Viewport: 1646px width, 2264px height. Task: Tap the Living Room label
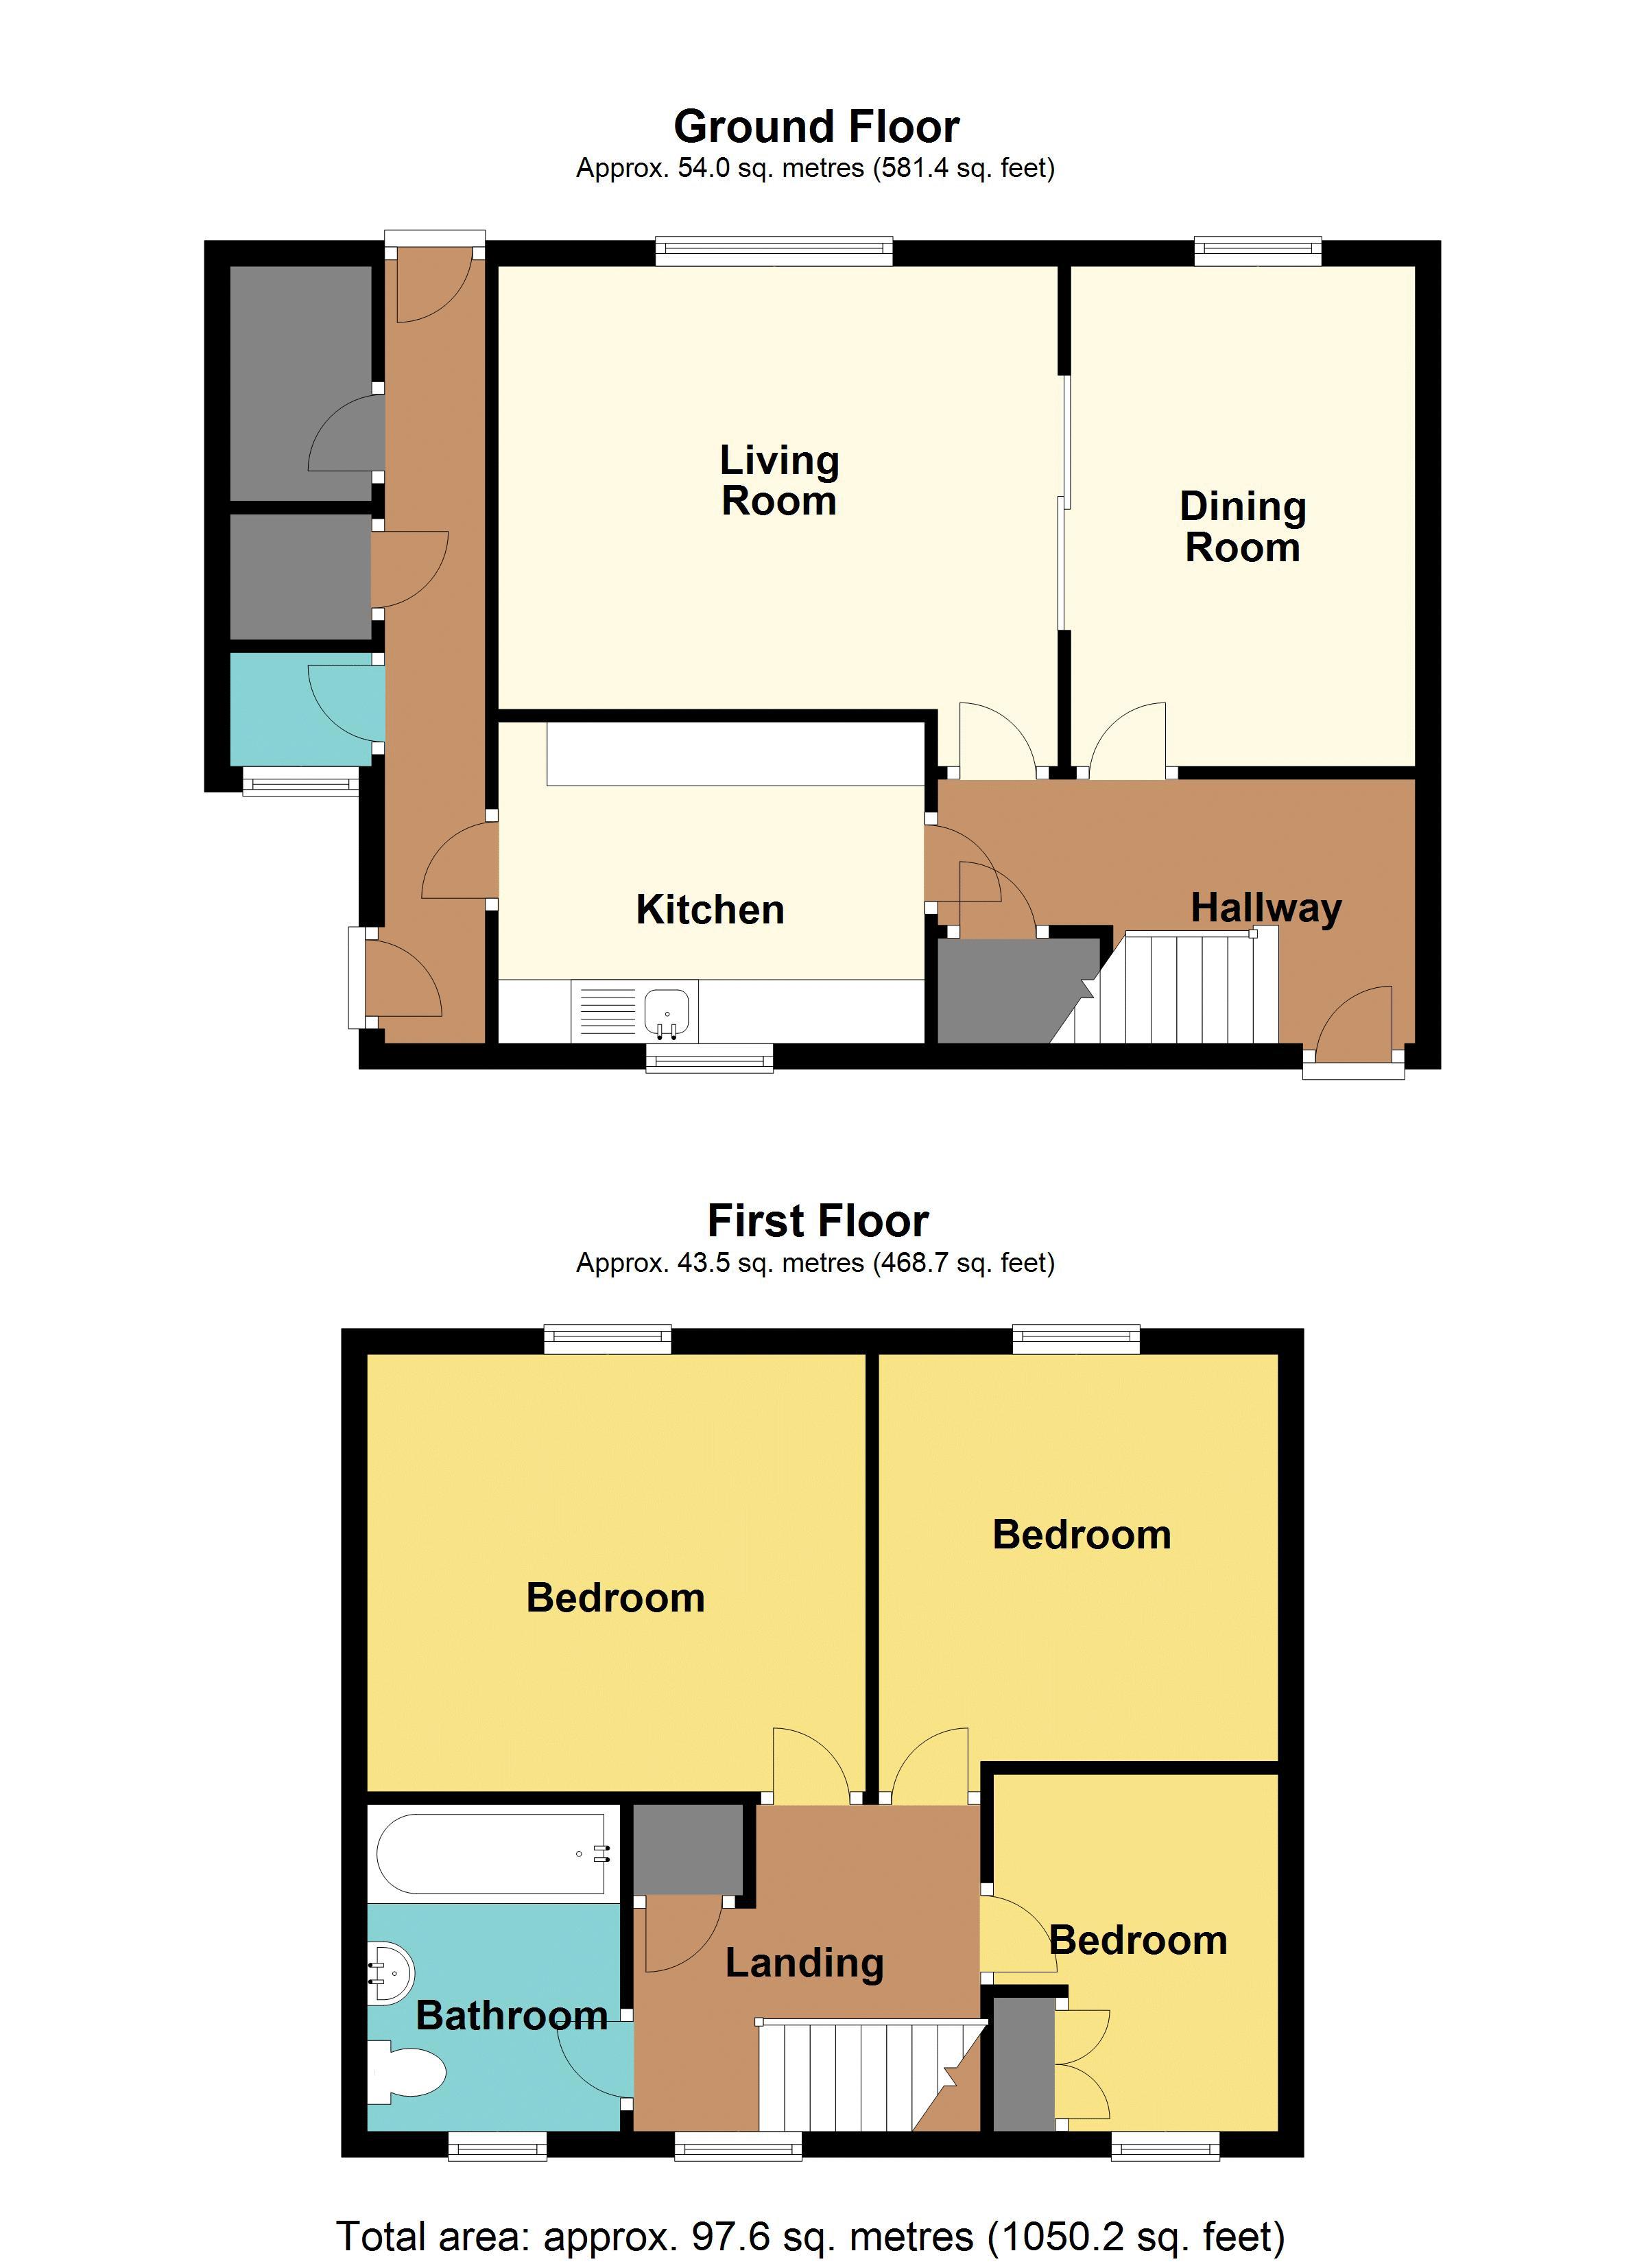[x=778, y=480]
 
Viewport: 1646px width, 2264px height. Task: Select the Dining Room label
[x=1242, y=526]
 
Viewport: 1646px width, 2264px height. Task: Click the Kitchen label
[x=710, y=910]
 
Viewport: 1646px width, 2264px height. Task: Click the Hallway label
[x=1265, y=908]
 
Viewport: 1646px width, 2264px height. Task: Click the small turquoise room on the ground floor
[x=300, y=709]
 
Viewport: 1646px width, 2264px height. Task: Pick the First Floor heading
[x=817, y=1221]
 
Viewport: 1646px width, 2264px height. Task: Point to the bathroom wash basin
[x=390, y=1974]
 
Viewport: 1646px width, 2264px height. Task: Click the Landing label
[x=804, y=1963]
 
